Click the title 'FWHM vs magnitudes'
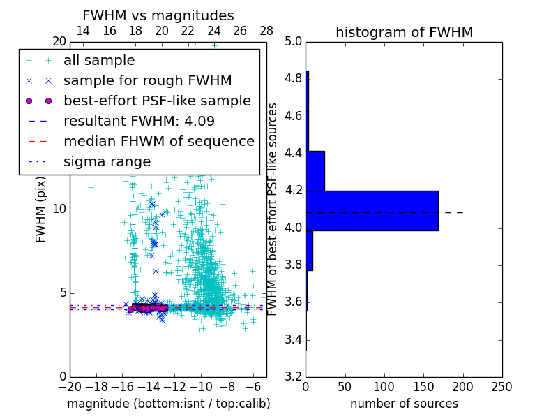click(158, 15)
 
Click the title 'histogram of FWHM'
click(404, 32)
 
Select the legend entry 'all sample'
click(99, 61)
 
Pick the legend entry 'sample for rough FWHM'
click(147, 80)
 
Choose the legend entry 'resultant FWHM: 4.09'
click(139, 121)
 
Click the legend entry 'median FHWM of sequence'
click(158, 141)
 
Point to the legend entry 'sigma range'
click(107, 162)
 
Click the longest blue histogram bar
click(372, 210)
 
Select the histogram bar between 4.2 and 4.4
click(315, 170)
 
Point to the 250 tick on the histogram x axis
click(502, 386)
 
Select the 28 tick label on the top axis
click(266, 31)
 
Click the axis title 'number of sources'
click(404, 404)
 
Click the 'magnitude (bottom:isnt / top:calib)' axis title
click(168, 404)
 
